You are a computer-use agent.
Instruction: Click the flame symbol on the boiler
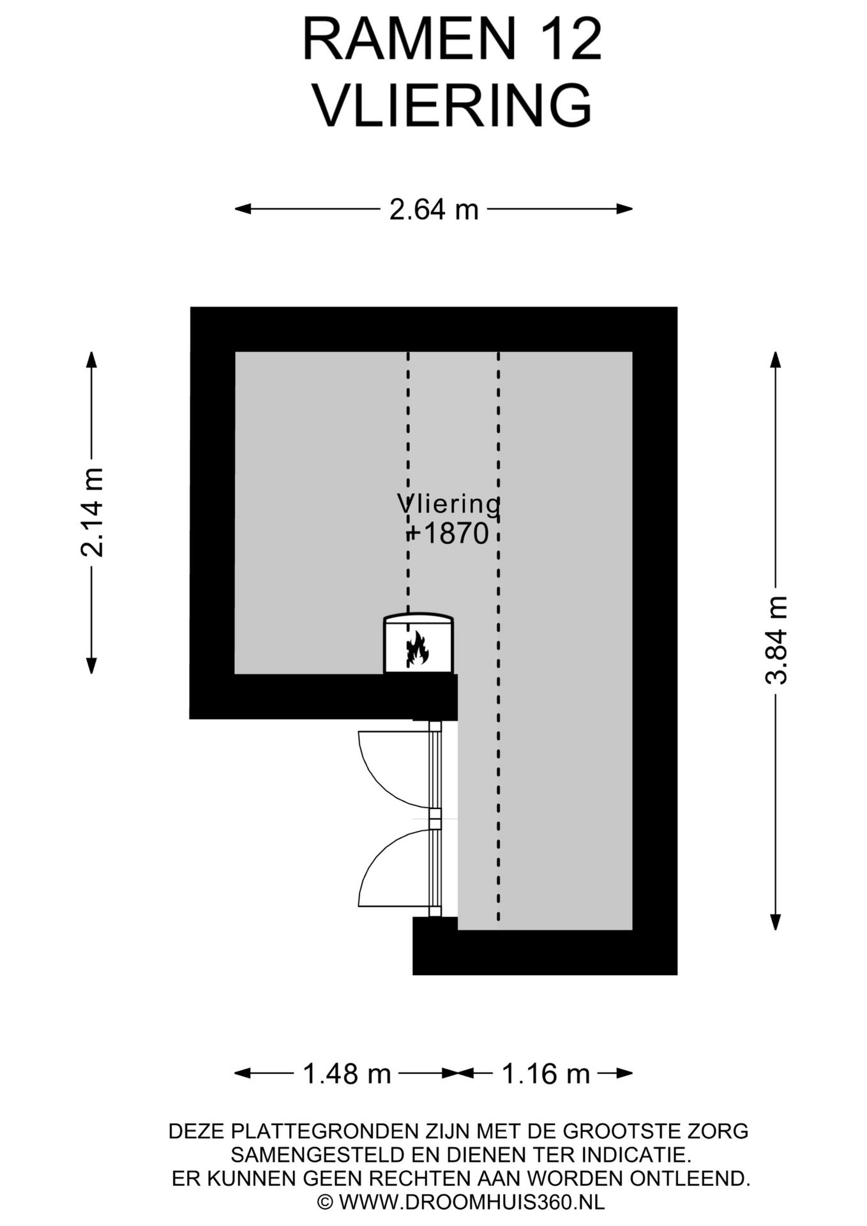(418, 647)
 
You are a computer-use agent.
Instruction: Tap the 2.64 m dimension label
(434, 209)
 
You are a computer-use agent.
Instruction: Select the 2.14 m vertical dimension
(92, 512)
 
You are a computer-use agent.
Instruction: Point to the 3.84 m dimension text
(776, 640)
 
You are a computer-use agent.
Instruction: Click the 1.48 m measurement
(347, 1073)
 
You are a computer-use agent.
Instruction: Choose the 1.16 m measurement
(546, 1073)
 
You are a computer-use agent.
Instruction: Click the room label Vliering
(449, 504)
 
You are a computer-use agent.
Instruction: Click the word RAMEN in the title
(409, 40)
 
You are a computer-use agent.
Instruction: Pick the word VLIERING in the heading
(453, 105)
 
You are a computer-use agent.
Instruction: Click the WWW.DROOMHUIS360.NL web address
(472, 1202)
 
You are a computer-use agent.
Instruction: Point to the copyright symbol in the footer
(326, 1202)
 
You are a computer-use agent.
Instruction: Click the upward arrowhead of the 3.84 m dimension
(776, 359)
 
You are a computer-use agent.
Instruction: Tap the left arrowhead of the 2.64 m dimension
(243, 209)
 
